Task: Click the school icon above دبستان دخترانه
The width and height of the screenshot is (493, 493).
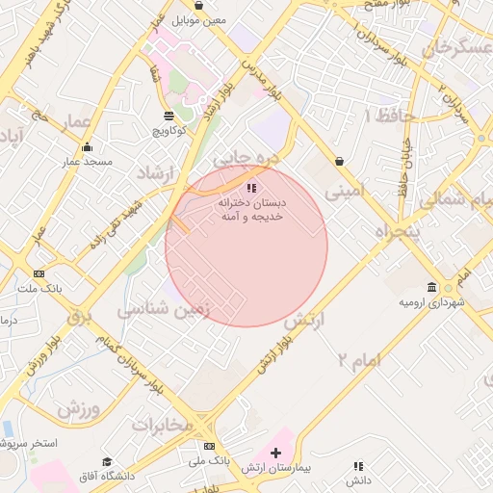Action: click(251, 189)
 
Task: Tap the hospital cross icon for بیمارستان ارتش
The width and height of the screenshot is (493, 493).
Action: click(276, 453)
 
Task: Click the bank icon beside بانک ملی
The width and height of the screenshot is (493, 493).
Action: click(209, 446)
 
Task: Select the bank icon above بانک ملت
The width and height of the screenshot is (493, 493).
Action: click(39, 273)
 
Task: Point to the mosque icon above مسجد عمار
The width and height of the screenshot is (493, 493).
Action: click(88, 147)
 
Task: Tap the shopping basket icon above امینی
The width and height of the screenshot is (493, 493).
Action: click(339, 161)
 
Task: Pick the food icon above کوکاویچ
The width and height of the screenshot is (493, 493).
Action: click(169, 115)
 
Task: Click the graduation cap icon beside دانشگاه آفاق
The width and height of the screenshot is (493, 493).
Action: click(108, 462)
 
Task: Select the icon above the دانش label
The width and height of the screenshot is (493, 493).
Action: click(359, 466)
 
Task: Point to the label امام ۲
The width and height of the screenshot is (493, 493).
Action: click(360, 359)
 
